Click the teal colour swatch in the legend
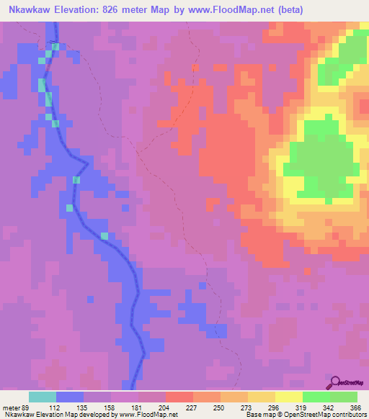43,397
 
